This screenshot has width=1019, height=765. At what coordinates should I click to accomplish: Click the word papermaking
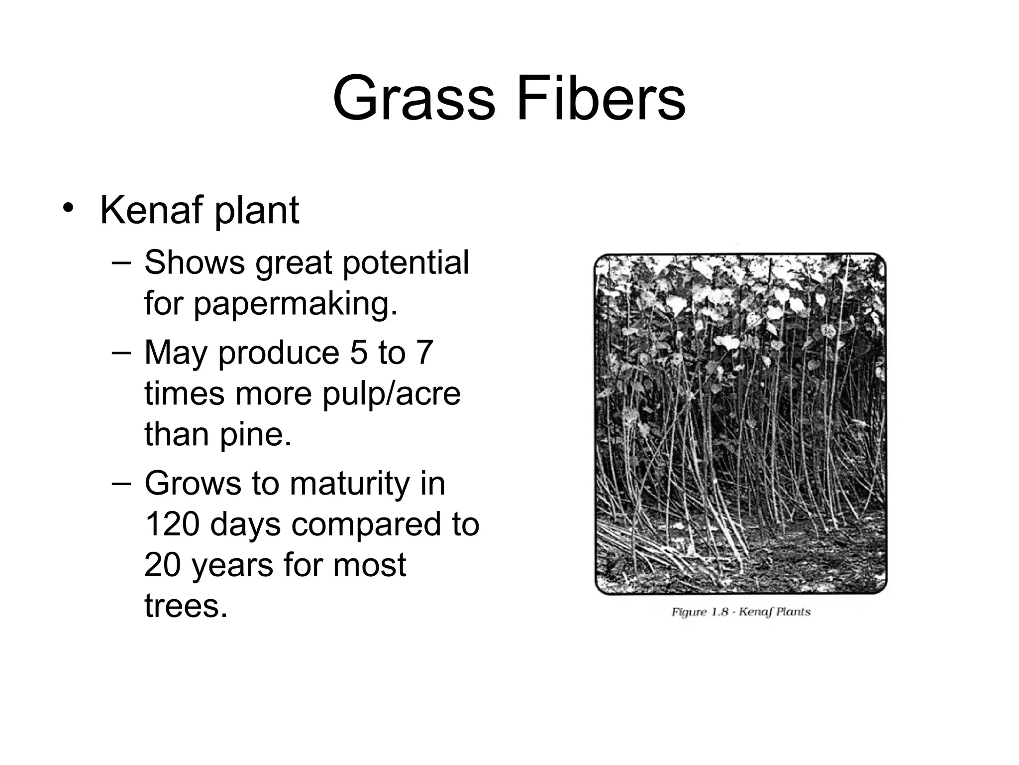[296, 304]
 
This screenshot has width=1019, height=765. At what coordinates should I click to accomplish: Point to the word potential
[406, 263]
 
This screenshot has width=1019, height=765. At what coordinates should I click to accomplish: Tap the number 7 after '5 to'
[424, 353]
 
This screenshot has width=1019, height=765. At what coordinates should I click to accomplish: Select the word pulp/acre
[391, 393]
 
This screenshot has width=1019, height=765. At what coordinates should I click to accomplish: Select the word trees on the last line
[186, 606]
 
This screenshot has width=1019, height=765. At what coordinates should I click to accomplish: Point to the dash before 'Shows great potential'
[121, 262]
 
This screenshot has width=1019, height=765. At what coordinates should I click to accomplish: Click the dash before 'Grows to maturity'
[121, 483]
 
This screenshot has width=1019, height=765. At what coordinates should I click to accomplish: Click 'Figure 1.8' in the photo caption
[700, 612]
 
